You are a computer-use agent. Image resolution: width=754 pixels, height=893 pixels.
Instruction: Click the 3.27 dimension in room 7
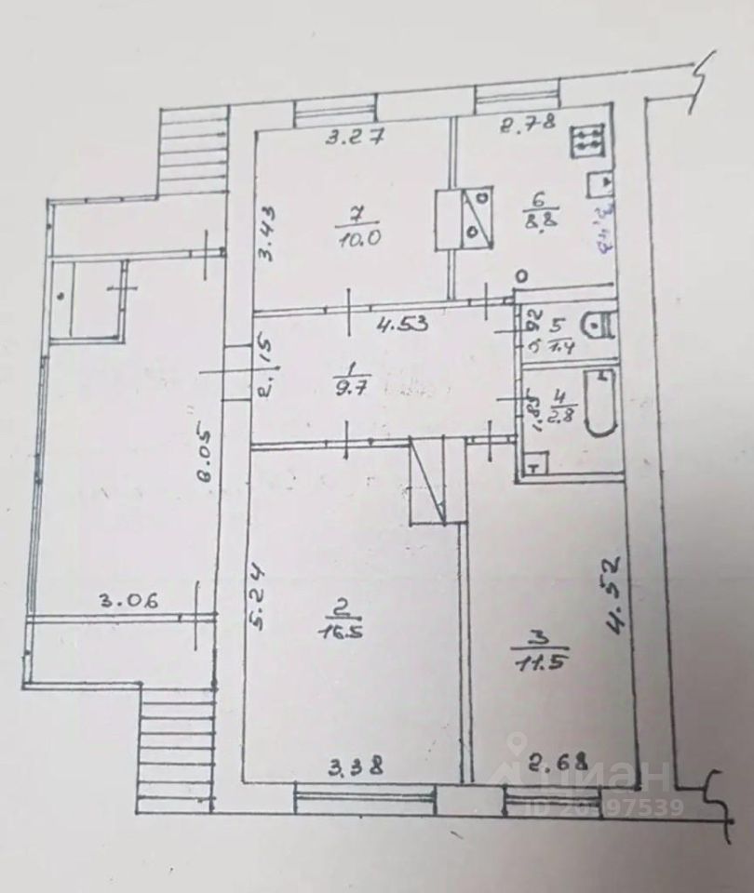coord(350,138)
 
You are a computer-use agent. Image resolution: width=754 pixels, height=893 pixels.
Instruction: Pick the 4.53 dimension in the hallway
coord(401,325)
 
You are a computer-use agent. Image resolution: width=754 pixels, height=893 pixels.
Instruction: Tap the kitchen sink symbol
coord(598,184)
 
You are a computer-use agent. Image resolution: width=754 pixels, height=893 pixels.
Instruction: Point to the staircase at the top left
coord(193,148)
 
